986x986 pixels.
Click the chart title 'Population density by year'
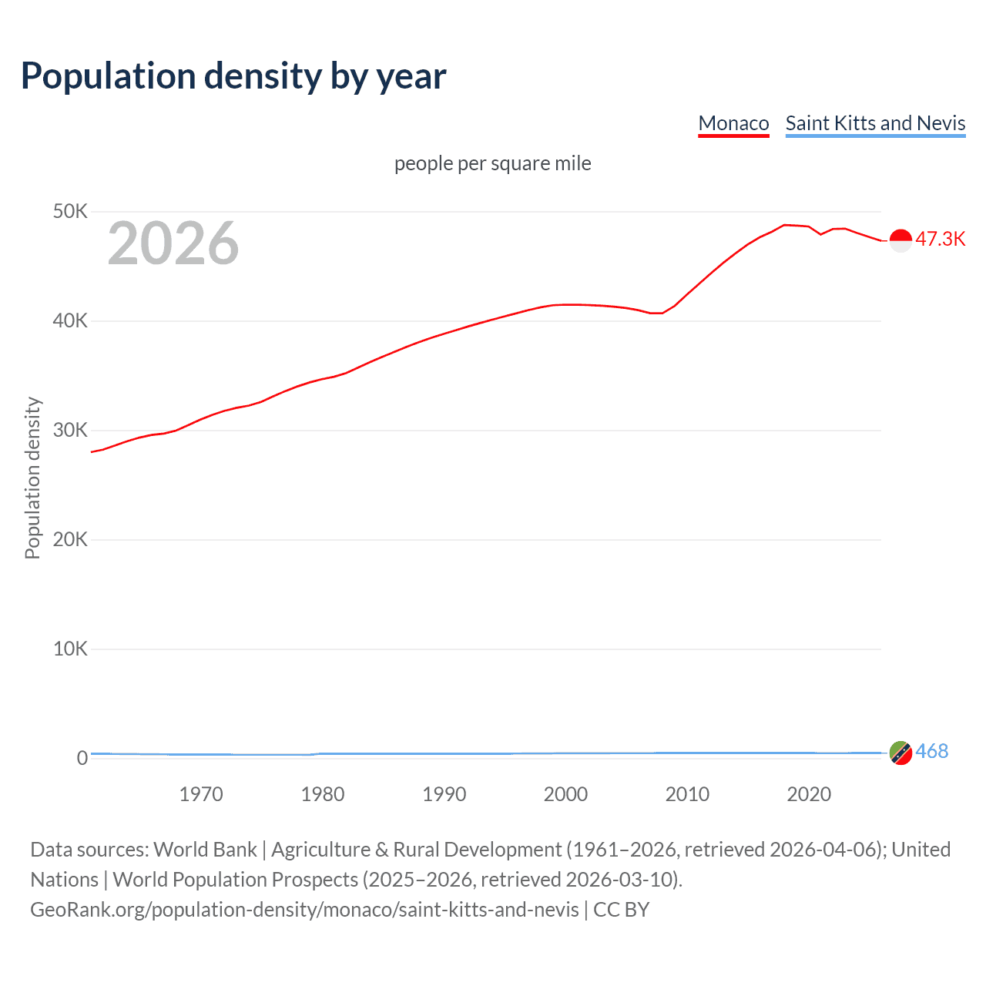pos(233,76)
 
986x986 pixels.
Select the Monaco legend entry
pos(733,123)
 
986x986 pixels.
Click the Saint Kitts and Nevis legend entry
pos(875,123)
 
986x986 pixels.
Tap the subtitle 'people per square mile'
pos(492,163)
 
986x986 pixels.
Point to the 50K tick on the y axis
pos(70,211)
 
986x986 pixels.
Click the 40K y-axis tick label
pos(70,320)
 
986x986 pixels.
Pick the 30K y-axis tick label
pos(70,430)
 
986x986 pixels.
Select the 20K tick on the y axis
pos(70,539)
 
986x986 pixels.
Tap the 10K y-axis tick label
pos(70,649)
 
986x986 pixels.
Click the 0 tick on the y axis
pos(82,758)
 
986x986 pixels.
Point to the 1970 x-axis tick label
pos(201,794)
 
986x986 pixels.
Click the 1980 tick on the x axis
pos(323,794)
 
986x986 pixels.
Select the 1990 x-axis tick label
pos(444,794)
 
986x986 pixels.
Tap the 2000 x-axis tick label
pos(565,794)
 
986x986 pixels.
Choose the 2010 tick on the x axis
pos(687,794)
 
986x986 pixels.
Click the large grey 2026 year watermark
pos(173,243)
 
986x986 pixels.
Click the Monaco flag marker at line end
pos(900,240)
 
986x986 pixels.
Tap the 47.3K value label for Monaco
pos(940,239)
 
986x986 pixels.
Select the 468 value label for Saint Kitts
pos(931,751)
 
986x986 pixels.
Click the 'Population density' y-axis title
pos(32,478)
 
